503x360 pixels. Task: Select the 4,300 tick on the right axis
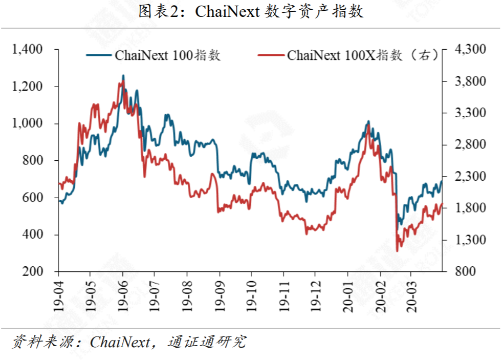pyautogui.click(x=469, y=50)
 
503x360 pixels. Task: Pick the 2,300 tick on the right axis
pyautogui.click(x=469, y=177)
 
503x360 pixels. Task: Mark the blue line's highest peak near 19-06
pyautogui.click(x=123, y=75)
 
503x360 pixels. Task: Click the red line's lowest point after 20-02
pyautogui.click(x=397, y=251)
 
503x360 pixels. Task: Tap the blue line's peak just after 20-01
pyautogui.click(x=368, y=121)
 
